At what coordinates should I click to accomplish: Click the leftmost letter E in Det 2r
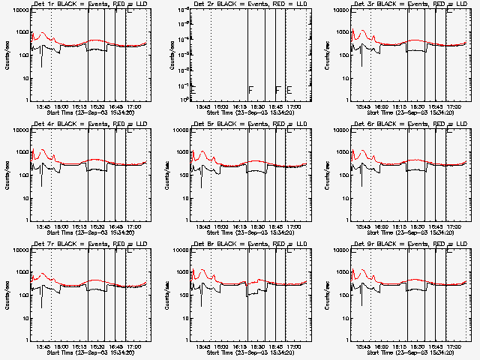point(193,90)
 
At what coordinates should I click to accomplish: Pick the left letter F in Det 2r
point(250,90)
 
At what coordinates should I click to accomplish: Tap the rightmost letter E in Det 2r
point(289,90)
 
